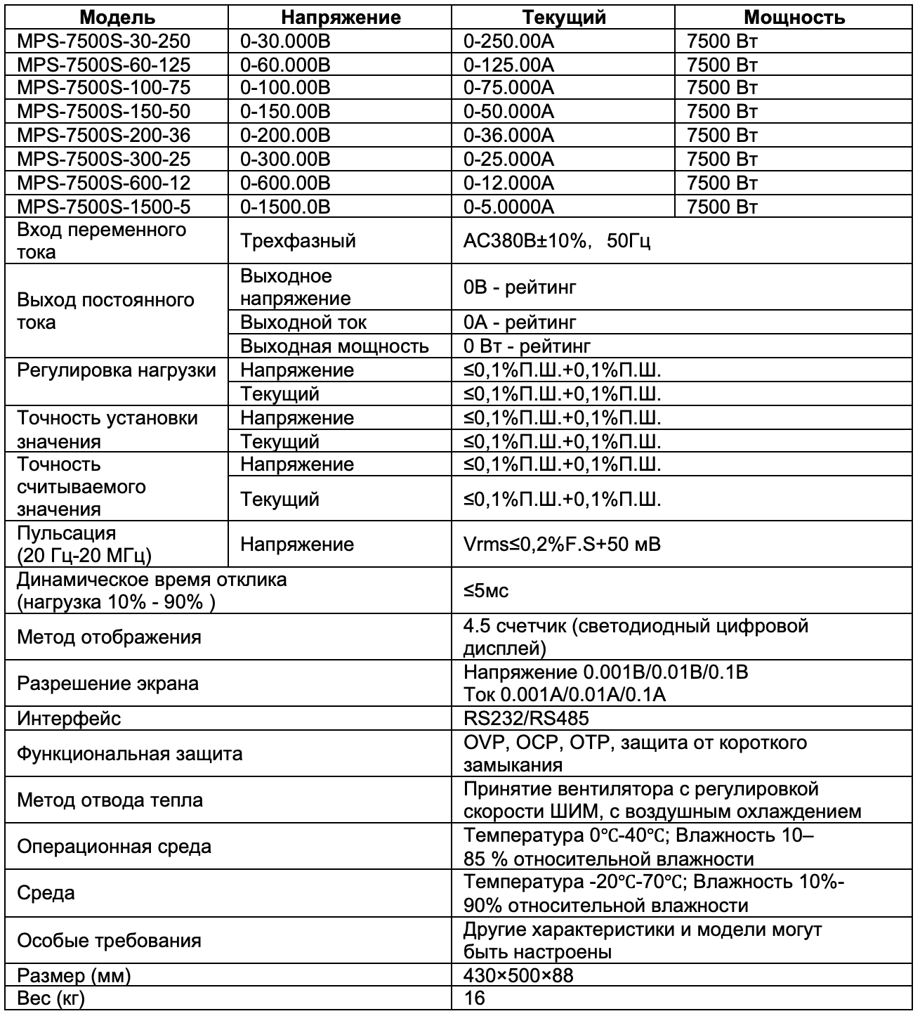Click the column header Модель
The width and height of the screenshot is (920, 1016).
click(117, 17)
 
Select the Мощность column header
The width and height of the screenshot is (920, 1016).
click(794, 17)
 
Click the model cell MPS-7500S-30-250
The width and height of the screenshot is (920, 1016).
click(103, 41)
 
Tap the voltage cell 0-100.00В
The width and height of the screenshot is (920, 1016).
click(285, 88)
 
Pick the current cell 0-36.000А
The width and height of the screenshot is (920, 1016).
click(508, 135)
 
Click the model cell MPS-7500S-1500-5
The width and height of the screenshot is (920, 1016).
click(103, 207)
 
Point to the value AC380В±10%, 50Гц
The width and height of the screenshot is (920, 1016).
click(556, 241)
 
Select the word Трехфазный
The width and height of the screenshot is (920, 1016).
click(298, 241)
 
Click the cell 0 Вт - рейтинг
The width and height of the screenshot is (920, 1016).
click(527, 346)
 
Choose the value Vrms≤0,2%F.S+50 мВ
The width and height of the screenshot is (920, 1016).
click(562, 544)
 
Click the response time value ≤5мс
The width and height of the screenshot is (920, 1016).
click(486, 591)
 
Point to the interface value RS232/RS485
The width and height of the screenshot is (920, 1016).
click(526, 718)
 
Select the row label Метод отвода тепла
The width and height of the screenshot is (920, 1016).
click(110, 800)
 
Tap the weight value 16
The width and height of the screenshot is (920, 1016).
click(475, 998)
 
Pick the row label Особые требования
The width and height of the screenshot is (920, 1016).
click(109, 941)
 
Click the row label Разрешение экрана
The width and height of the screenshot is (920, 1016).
click(107, 684)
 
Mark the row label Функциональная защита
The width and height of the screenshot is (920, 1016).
click(129, 754)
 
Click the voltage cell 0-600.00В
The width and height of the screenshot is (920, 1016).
click(285, 183)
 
